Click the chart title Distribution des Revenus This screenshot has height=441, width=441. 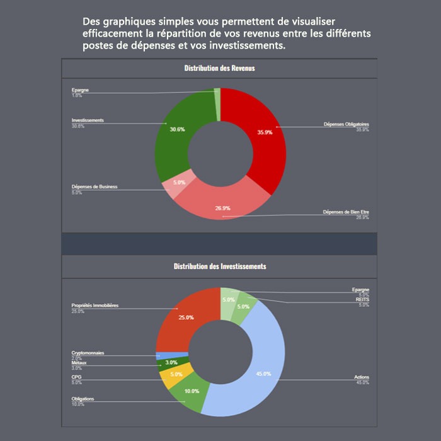click(x=219, y=68)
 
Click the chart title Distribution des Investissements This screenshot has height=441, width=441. click(x=219, y=266)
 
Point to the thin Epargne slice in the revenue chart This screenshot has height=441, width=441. click(x=217, y=104)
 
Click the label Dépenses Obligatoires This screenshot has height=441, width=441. click(x=346, y=124)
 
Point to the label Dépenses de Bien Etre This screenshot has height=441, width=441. click(x=345, y=212)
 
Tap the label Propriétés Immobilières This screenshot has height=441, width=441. click(x=95, y=306)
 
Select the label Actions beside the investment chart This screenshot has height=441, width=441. click(x=362, y=377)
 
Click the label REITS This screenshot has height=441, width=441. click(x=362, y=300)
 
